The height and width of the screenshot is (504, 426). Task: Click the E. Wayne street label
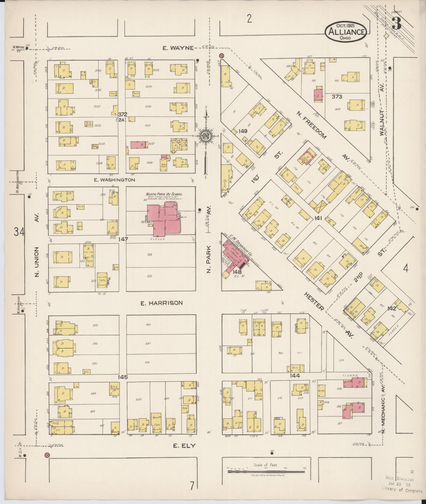click(x=178, y=48)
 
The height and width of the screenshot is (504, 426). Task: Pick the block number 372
click(x=122, y=114)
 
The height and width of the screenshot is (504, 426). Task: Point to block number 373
click(x=337, y=97)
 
